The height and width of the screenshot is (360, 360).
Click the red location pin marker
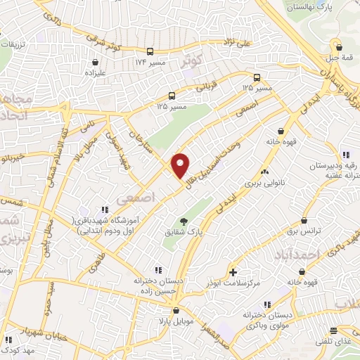pos(181,166)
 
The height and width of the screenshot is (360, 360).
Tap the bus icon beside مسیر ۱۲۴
pos(150,51)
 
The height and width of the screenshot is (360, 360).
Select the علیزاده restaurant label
pos(94,71)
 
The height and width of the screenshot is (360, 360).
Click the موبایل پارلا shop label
pos(174,321)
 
